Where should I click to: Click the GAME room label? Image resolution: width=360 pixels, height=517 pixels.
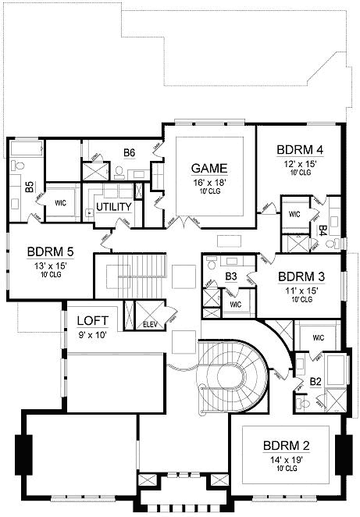[210, 168]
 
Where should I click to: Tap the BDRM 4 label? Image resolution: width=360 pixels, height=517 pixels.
[300, 151]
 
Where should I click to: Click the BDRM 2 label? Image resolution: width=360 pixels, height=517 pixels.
[286, 446]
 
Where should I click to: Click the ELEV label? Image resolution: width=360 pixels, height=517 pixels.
[148, 325]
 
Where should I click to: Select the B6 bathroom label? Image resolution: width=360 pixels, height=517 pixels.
[130, 152]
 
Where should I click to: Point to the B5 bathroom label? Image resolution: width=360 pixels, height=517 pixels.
[29, 187]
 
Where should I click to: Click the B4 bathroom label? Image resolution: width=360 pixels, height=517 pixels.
[322, 230]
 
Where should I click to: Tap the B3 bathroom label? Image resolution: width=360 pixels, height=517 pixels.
[231, 276]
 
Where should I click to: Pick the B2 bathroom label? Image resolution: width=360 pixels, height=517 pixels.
[315, 382]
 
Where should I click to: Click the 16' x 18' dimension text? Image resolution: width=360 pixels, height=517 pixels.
[210, 182]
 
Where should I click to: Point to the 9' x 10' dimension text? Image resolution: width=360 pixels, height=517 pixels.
[92, 335]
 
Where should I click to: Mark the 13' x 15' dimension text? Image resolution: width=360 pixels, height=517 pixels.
[51, 266]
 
